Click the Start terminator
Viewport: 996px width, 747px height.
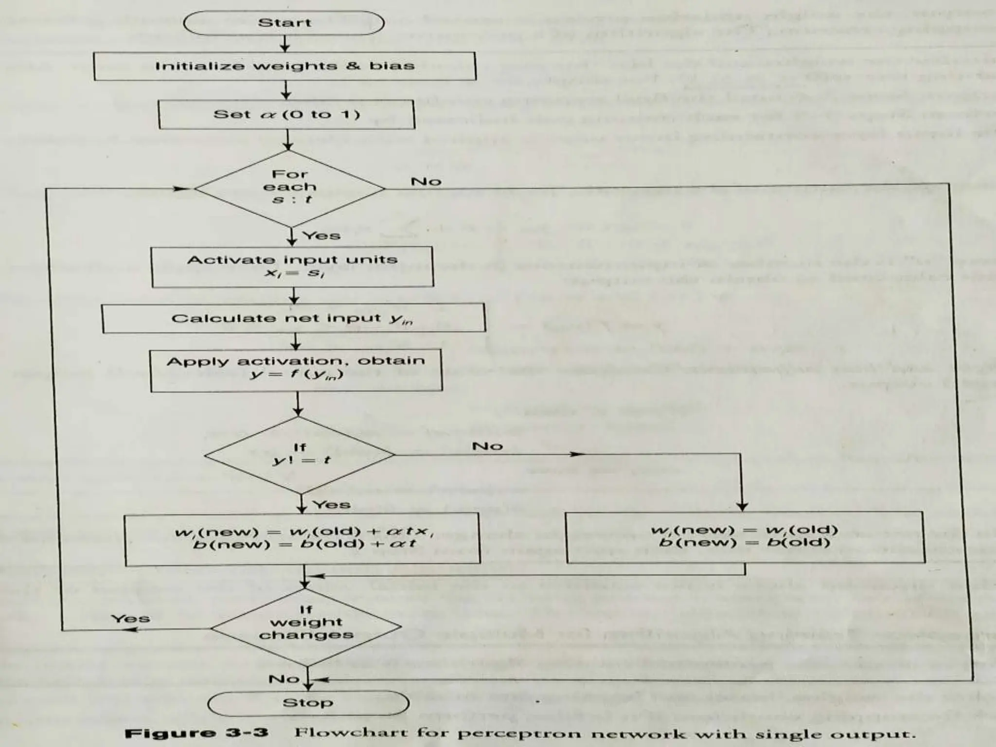tap(284, 23)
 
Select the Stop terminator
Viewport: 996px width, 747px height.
tap(308, 703)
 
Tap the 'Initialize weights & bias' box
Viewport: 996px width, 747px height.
tap(285, 66)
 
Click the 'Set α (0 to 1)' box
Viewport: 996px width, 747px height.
tap(286, 115)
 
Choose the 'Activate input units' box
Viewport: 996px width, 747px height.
tap(292, 267)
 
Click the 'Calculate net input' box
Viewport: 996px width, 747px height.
tap(293, 319)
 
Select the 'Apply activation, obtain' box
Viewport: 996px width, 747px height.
tap(296, 370)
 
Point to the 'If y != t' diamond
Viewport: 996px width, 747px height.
tap(300, 455)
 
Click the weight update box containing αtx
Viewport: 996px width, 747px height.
tap(302, 539)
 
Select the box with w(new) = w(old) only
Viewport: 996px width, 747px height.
tap(745, 537)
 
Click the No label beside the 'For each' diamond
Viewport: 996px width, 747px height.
tap(426, 181)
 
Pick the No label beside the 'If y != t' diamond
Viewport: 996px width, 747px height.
tap(487, 446)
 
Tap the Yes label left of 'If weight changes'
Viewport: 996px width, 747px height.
tap(130, 619)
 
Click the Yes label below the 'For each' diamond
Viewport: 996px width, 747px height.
tap(321, 236)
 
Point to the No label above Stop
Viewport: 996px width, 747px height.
tap(284, 678)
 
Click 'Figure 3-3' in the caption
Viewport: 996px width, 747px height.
tap(196, 733)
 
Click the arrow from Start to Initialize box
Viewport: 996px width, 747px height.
tap(285, 44)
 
